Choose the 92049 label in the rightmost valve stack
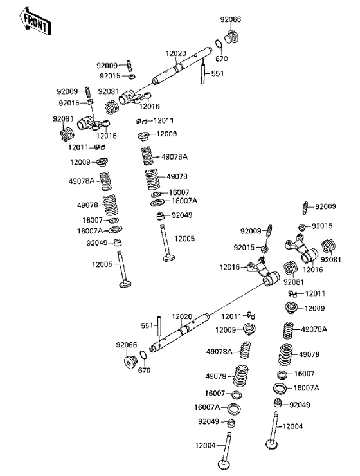point(300,405)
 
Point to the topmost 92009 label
point(107,66)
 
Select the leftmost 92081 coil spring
point(64,135)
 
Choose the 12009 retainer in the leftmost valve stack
point(103,161)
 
